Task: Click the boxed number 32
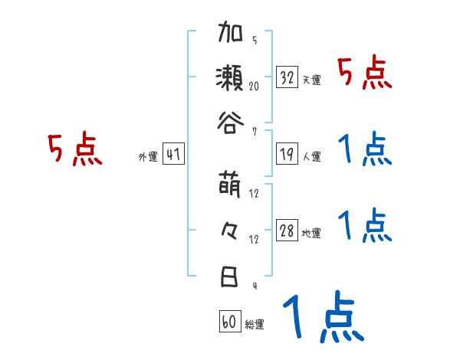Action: [287, 77]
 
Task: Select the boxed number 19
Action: [287, 154]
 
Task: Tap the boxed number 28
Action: [287, 231]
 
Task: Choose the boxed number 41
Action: [173, 154]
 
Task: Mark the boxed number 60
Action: [229, 322]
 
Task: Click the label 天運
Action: [311, 80]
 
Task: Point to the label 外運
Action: [148, 157]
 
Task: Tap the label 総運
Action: [255, 324]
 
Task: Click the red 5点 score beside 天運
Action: [365, 74]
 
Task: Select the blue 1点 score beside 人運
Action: [365, 149]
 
